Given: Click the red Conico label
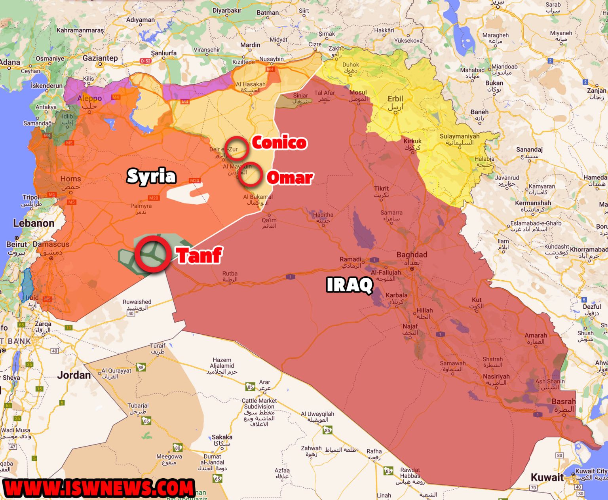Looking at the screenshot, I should point(279,143).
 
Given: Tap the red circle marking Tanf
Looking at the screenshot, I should point(153,254).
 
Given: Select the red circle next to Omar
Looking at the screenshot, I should point(250,175).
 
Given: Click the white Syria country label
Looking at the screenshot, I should point(151,176).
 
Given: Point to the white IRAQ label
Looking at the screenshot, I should point(350,285).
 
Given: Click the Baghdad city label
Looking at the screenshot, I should point(412,255).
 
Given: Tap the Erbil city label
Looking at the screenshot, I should point(395,99).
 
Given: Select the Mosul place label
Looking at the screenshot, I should point(358,93).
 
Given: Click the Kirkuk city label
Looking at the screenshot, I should point(412,141).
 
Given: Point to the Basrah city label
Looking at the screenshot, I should point(563,401).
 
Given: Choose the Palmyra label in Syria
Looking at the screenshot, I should point(141,206).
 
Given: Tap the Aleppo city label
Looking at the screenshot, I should point(89,98).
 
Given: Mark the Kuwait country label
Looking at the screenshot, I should point(547,477).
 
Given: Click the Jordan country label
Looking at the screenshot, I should point(74,375).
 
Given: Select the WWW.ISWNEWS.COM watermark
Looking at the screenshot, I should point(99,488).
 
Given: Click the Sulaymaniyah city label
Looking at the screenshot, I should point(459,137).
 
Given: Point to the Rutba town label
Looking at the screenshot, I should point(230,274).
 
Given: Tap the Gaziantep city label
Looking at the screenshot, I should point(100,58).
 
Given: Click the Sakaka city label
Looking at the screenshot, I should point(222,437).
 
